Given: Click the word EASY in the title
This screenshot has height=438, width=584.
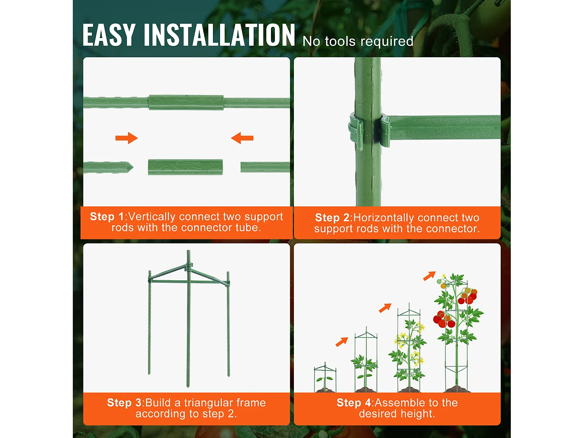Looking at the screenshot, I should (109, 35).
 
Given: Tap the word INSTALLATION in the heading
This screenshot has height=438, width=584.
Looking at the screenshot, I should (220, 35).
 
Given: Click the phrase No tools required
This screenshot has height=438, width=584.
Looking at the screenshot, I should (358, 41).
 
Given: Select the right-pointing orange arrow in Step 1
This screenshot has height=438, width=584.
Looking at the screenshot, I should (127, 138).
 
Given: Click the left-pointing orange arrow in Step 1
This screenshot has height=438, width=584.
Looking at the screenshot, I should (242, 138).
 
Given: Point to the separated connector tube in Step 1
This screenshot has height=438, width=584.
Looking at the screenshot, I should (185, 167).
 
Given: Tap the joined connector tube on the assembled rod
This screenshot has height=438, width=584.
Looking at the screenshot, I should (186, 102).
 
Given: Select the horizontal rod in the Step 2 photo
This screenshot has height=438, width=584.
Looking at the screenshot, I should (444, 127).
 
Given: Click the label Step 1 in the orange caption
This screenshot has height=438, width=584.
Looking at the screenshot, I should (107, 216).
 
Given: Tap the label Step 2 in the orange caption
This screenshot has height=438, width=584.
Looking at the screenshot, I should (332, 218).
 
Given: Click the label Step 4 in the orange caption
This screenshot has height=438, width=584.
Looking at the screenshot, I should (354, 403).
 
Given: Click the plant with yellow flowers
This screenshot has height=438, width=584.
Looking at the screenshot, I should (408, 347).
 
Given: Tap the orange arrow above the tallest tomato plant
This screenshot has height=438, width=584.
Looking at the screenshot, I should (429, 276).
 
